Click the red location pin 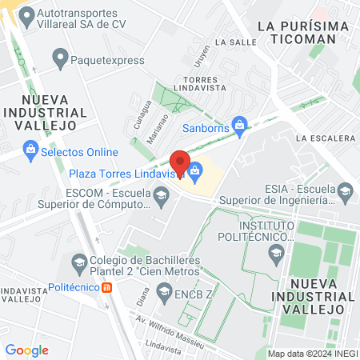pyautogui.click(x=181, y=164)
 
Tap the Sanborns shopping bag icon pyautogui.click(x=238, y=125)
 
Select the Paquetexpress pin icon pyautogui.click(x=59, y=58)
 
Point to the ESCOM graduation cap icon pyautogui.click(x=162, y=196)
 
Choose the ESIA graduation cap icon pyautogui.click(x=346, y=190)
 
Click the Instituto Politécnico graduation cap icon pyautogui.click(x=275, y=254)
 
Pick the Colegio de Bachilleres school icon pyautogui.click(x=79, y=261)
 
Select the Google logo pyautogui.click(x=26, y=350)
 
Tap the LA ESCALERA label pyautogui.click(x=324, y=138)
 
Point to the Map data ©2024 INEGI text pyautogui.click(x=311, y=353)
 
